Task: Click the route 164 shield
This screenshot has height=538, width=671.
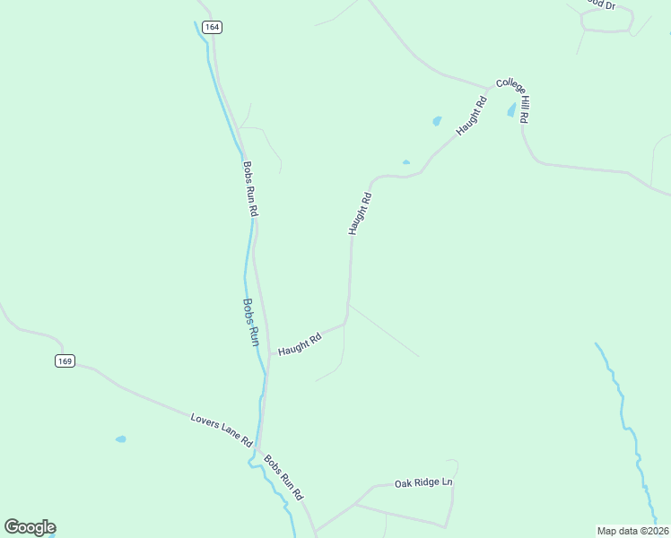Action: [212, 27]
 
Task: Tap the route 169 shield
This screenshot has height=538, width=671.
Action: [64, 361]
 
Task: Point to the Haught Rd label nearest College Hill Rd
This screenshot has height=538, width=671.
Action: [471, 117]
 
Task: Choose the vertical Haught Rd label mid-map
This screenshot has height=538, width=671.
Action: [360, 213]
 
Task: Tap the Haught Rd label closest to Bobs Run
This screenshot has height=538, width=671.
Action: [300, 345]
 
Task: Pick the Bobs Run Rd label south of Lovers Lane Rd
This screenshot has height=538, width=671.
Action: [284, 478]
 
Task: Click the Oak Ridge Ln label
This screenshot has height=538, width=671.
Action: [424, 482]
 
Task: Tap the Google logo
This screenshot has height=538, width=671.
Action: [30, 527]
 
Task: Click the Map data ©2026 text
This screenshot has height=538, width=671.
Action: [633, 530]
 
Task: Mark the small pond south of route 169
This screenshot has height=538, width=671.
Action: [120, 439]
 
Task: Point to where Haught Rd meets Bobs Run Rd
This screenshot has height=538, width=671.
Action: [269, 353]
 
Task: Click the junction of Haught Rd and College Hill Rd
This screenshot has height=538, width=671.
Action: [489, 90]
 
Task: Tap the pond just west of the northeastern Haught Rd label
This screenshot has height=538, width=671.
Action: [437, 121]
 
